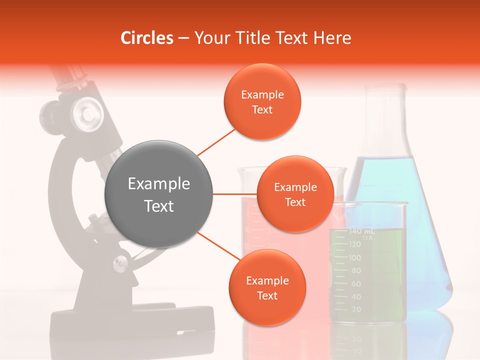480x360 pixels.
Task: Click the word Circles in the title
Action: pyautogui.click(x=147, y=38)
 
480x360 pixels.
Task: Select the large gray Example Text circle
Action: pyautogui.click(x=159, y=194)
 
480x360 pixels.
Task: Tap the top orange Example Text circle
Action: pyautogui.click(x=262, y=101)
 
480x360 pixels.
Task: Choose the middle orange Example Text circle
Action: pyautogui.click(x=295, y=194)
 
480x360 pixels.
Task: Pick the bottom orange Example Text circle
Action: pyautogui.click(x=267, y=287)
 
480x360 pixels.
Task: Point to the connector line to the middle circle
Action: pyautogui.click(x=234, y=194)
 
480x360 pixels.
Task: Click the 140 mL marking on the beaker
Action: pyautogui.click(x=361, y=231)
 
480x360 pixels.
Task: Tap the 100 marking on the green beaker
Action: pyautogui.click(x=354, y=257)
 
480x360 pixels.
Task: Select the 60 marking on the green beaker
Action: pyautogui.click(x=356, y=283)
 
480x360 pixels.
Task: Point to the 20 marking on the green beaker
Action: pyautogui.click(x=356, y=309)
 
